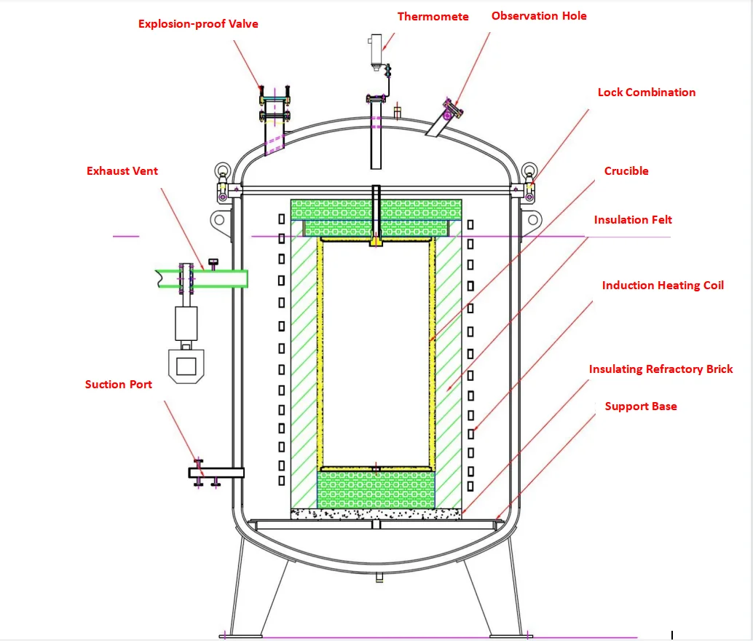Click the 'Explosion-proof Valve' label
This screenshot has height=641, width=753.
pyautogui.click(x=198, y=24)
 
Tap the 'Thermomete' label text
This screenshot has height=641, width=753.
pyautogui.click(x=433, y=16)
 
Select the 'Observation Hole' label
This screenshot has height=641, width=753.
pyautogui.click(x=538, y=15)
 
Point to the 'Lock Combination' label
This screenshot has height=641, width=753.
pyautogui.click(x=646, y=93)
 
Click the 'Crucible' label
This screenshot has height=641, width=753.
pyautogui.click(x=626, y=171)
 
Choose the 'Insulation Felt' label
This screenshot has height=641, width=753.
pyautogui.click(x=632, y=220)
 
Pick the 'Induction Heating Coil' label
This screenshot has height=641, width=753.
pyautogui.click(x=663, y=286)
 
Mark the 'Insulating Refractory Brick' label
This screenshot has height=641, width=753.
pyautogui.click(x=661, y=369)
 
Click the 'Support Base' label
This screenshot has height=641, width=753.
pyautogui.click(x=640, y=406)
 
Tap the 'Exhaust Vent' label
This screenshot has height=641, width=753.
pyautogui.click(x=122, y=171)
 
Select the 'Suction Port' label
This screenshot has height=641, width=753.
pyautogui.click(x=118, y=384)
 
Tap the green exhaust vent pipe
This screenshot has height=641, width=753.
pyautogui.click(x=218, y=278)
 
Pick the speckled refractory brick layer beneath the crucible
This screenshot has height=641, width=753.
pyautogui.click(x=376, y=514)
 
